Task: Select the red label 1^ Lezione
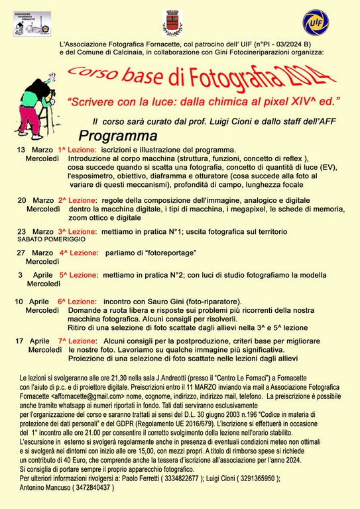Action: [77, 150]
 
